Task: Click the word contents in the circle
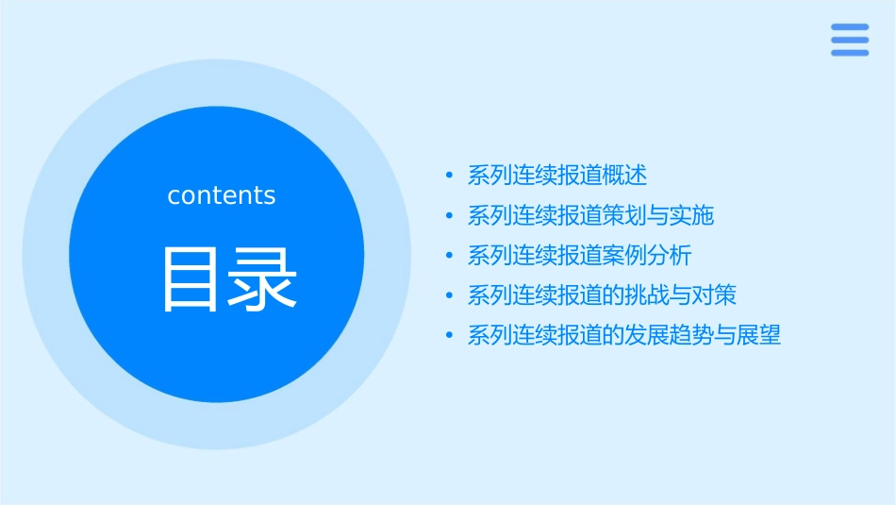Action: pyautogui.click(x=222, y=195)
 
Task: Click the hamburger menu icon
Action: pyautogui.click(x=850, y=40)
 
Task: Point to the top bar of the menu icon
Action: pyautogui.click(x=850, y=27)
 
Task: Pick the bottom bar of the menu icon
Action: pyautogui.click(x=850, y=53)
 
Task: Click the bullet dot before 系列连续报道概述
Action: pyautogui.click(x=449, y=176)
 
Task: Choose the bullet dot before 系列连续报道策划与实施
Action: pyautogui.click(x=449, y=216)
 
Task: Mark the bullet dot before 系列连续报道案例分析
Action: pyautogui.click(x=449, y=256)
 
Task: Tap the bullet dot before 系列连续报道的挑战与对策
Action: pyautogui.click(x=449, y=296)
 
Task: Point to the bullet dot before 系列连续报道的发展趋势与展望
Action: pyautogui.click(x=449, y=336)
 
